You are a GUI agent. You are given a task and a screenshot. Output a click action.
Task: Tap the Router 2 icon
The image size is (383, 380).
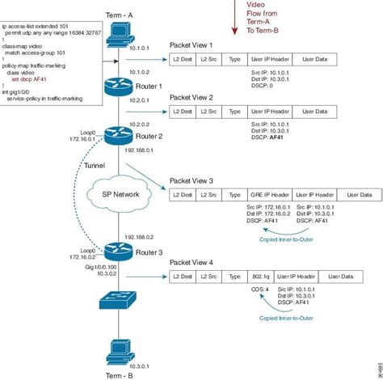point(120,136)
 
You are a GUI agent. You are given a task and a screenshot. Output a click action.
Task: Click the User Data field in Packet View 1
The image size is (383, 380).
point(316,60)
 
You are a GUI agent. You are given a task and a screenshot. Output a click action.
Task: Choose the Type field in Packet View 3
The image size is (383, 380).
point(235,195)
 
